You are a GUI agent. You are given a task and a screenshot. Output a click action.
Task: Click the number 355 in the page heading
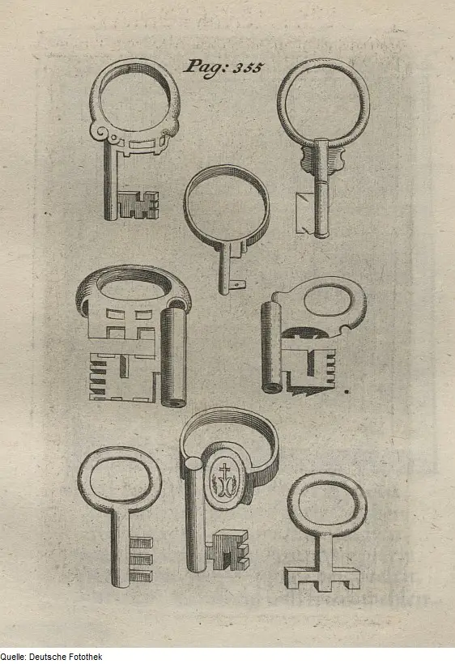(x=249, y=68)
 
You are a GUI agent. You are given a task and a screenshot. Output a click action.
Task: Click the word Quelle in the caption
(x=12, y=657)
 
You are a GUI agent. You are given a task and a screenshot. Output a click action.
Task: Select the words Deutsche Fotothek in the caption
(x=66, y=657)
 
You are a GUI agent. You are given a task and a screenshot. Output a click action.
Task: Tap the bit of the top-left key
(x=137, y=205)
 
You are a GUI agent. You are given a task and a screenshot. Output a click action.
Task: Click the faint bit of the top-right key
(x=305, y=213)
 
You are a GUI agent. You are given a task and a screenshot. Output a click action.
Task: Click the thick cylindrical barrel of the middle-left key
(x=173, y=356)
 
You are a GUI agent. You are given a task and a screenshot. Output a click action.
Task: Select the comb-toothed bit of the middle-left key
(x=123, y=377)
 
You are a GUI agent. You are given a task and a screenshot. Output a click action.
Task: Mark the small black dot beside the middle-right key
(x=347, y=392)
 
